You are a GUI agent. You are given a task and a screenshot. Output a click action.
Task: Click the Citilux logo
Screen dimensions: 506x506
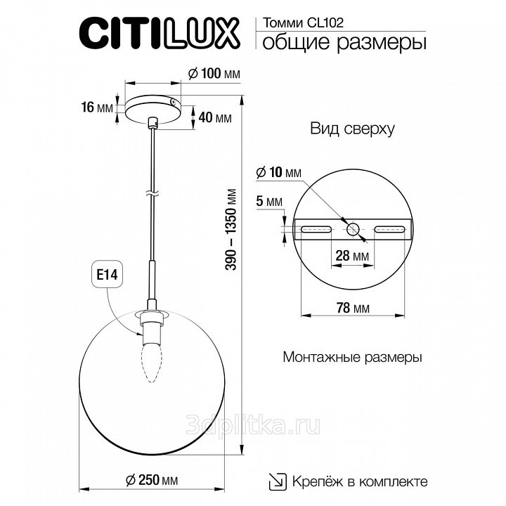point(160,33)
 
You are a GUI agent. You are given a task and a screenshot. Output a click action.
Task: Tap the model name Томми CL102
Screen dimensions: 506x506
point(303,23)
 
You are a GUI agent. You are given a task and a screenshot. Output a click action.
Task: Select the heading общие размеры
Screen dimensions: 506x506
point(344,43)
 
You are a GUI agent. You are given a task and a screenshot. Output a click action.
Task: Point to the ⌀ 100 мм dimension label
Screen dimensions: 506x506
point(214,74)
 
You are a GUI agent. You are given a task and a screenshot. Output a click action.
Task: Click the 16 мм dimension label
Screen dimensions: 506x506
point(97,107)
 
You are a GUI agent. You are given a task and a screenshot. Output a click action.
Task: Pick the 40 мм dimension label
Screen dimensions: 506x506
point(215,118)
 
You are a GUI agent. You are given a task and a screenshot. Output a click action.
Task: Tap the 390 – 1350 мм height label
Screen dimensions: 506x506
point(231,229)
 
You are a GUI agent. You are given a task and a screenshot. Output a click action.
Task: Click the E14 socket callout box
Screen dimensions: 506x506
point(108,275)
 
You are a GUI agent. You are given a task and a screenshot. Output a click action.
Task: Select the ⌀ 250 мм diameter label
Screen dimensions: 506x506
point(152,480)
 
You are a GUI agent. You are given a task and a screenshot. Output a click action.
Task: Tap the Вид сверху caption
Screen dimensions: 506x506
point(352,129)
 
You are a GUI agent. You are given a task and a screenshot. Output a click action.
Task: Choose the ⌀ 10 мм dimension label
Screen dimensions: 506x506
point(279,173)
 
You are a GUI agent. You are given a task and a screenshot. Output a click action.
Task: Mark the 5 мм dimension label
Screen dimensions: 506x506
point(269,202)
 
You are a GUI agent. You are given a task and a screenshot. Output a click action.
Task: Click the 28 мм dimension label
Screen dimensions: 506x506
point(352,256)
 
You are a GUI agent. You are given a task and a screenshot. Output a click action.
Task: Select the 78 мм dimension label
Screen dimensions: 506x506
point(353,309)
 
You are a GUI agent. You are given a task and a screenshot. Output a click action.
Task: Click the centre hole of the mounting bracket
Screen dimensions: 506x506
point(353,229)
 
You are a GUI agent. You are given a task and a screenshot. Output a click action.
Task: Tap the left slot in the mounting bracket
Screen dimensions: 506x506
point(316,229)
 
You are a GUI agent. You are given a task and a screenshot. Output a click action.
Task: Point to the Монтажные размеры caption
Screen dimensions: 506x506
point(352,358)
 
